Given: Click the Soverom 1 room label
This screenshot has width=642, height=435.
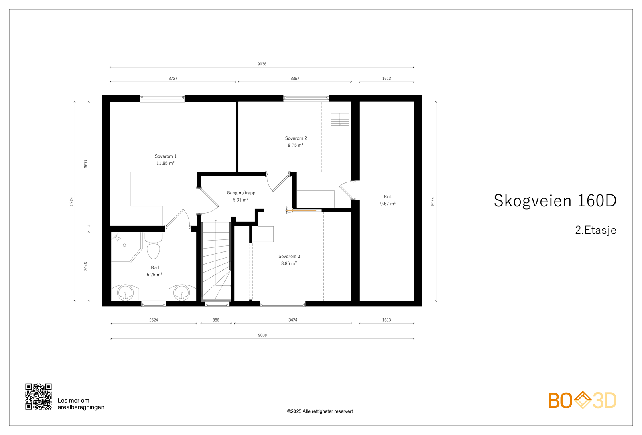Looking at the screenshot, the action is click(x=166, y=156).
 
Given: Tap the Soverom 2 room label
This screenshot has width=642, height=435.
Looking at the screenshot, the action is click(x=296, y=138).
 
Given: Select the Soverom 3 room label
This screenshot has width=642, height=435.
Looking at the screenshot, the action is click(x=289, y=256).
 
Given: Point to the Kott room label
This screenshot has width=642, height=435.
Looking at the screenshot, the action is click(x=388, y=197).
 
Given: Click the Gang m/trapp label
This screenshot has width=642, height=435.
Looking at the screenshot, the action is click(x=241, y=193).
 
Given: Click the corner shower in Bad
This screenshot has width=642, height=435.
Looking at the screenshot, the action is click(x=126, y=247).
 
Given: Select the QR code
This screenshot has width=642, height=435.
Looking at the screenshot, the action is click(x=39, y=397).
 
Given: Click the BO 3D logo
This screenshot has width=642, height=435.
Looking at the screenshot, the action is click(x=582, y=400).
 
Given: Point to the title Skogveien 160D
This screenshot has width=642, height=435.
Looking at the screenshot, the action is click(x=555, y=200).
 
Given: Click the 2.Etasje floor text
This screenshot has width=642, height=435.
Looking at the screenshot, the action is click(x=595, y=230).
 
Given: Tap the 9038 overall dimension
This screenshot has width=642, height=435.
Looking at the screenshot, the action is click(x=262, y=64).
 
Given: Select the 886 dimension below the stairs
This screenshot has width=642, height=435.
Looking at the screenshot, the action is click(x=216, y=320).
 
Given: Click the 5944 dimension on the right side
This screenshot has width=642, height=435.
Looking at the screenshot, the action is click(x=433, y=201).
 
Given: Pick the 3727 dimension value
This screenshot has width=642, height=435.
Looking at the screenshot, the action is click(x=173, y=78).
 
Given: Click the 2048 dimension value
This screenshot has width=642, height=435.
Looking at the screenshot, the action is click(x=86, y=266).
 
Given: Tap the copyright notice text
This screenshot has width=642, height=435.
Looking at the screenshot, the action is click(x=320, y=411).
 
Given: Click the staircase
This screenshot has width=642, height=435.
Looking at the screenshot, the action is click(x=216, y=261).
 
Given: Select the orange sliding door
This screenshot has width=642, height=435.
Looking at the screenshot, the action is click(x=301, y=211).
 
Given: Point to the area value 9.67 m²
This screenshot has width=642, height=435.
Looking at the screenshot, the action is click(x=388, y=204).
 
